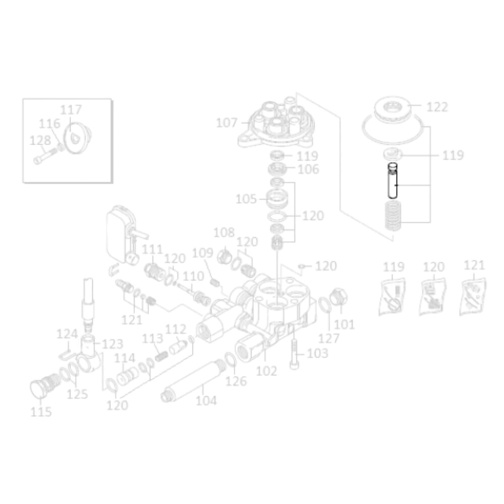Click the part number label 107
pos(227,123)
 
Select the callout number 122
pos(437,107)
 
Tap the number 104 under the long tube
pos(206,401)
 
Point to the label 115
pos(41,412)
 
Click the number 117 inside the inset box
pos(71,110)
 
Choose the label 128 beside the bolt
pos(40,141)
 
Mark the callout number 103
pos(318,353)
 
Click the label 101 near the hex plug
pos(344,325)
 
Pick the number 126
pos(236,381)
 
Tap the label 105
pos(246,199)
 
